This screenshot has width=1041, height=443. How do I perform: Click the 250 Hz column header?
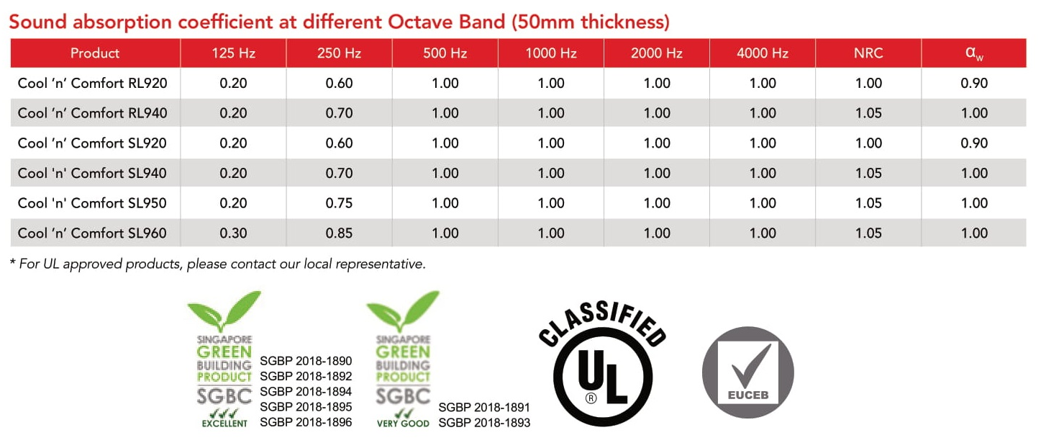(339, 53)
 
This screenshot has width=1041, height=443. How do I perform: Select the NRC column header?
(868, 53)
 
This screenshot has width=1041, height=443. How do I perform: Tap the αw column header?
(974, 53)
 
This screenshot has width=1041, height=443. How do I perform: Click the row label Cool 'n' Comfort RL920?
(93, 83)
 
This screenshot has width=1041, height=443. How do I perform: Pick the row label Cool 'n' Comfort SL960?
(92, 233)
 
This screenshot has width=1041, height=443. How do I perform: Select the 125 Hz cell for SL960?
(233, 233)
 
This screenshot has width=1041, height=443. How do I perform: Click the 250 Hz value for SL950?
(339, 203)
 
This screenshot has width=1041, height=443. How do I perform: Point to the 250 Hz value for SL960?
(339, 233)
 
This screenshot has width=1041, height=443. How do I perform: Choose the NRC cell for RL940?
(868, 112)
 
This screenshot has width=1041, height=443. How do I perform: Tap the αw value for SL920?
(974, 143)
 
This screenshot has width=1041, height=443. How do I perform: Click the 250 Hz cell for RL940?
(339, 112)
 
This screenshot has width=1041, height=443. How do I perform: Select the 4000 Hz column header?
(762, 53)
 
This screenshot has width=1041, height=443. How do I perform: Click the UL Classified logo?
(602, 364)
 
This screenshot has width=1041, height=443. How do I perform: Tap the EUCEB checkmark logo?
(747, 372)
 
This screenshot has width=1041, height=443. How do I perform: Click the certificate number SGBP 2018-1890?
(306, 361)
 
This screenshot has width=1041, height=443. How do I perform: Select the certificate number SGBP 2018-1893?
(484, 423)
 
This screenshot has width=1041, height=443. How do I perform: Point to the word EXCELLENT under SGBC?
(224, 424)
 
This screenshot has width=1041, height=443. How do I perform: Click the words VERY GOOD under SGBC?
(403, 424)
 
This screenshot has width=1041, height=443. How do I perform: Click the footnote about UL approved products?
(217, 264)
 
